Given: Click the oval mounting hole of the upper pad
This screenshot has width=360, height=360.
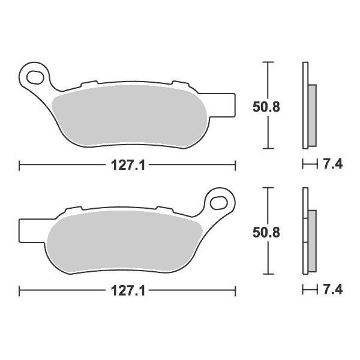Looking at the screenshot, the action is click(x=35, y=77).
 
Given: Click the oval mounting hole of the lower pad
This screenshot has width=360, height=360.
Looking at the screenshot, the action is click(x=219, y=203).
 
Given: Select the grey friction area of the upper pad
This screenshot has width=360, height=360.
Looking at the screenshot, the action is click(x=129, y=116).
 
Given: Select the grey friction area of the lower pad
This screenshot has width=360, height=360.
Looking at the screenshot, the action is click(x=125, y=242).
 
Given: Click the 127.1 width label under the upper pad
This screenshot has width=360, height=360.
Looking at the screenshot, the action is click(x=128, y=166).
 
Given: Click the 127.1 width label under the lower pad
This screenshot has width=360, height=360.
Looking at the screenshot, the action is click(x=128, y=291).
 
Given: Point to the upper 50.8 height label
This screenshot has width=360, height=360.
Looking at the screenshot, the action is click(x=266, y=107).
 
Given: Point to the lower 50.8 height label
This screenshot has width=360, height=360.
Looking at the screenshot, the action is click(x=266, y=233).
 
